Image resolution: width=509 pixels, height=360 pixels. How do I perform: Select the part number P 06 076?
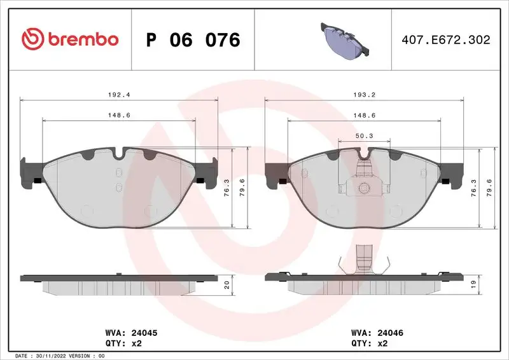tap(193, 39)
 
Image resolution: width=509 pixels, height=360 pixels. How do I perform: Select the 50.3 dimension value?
tap(364, 136)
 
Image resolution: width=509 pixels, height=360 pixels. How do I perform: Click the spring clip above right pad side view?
tap(364, 259)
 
